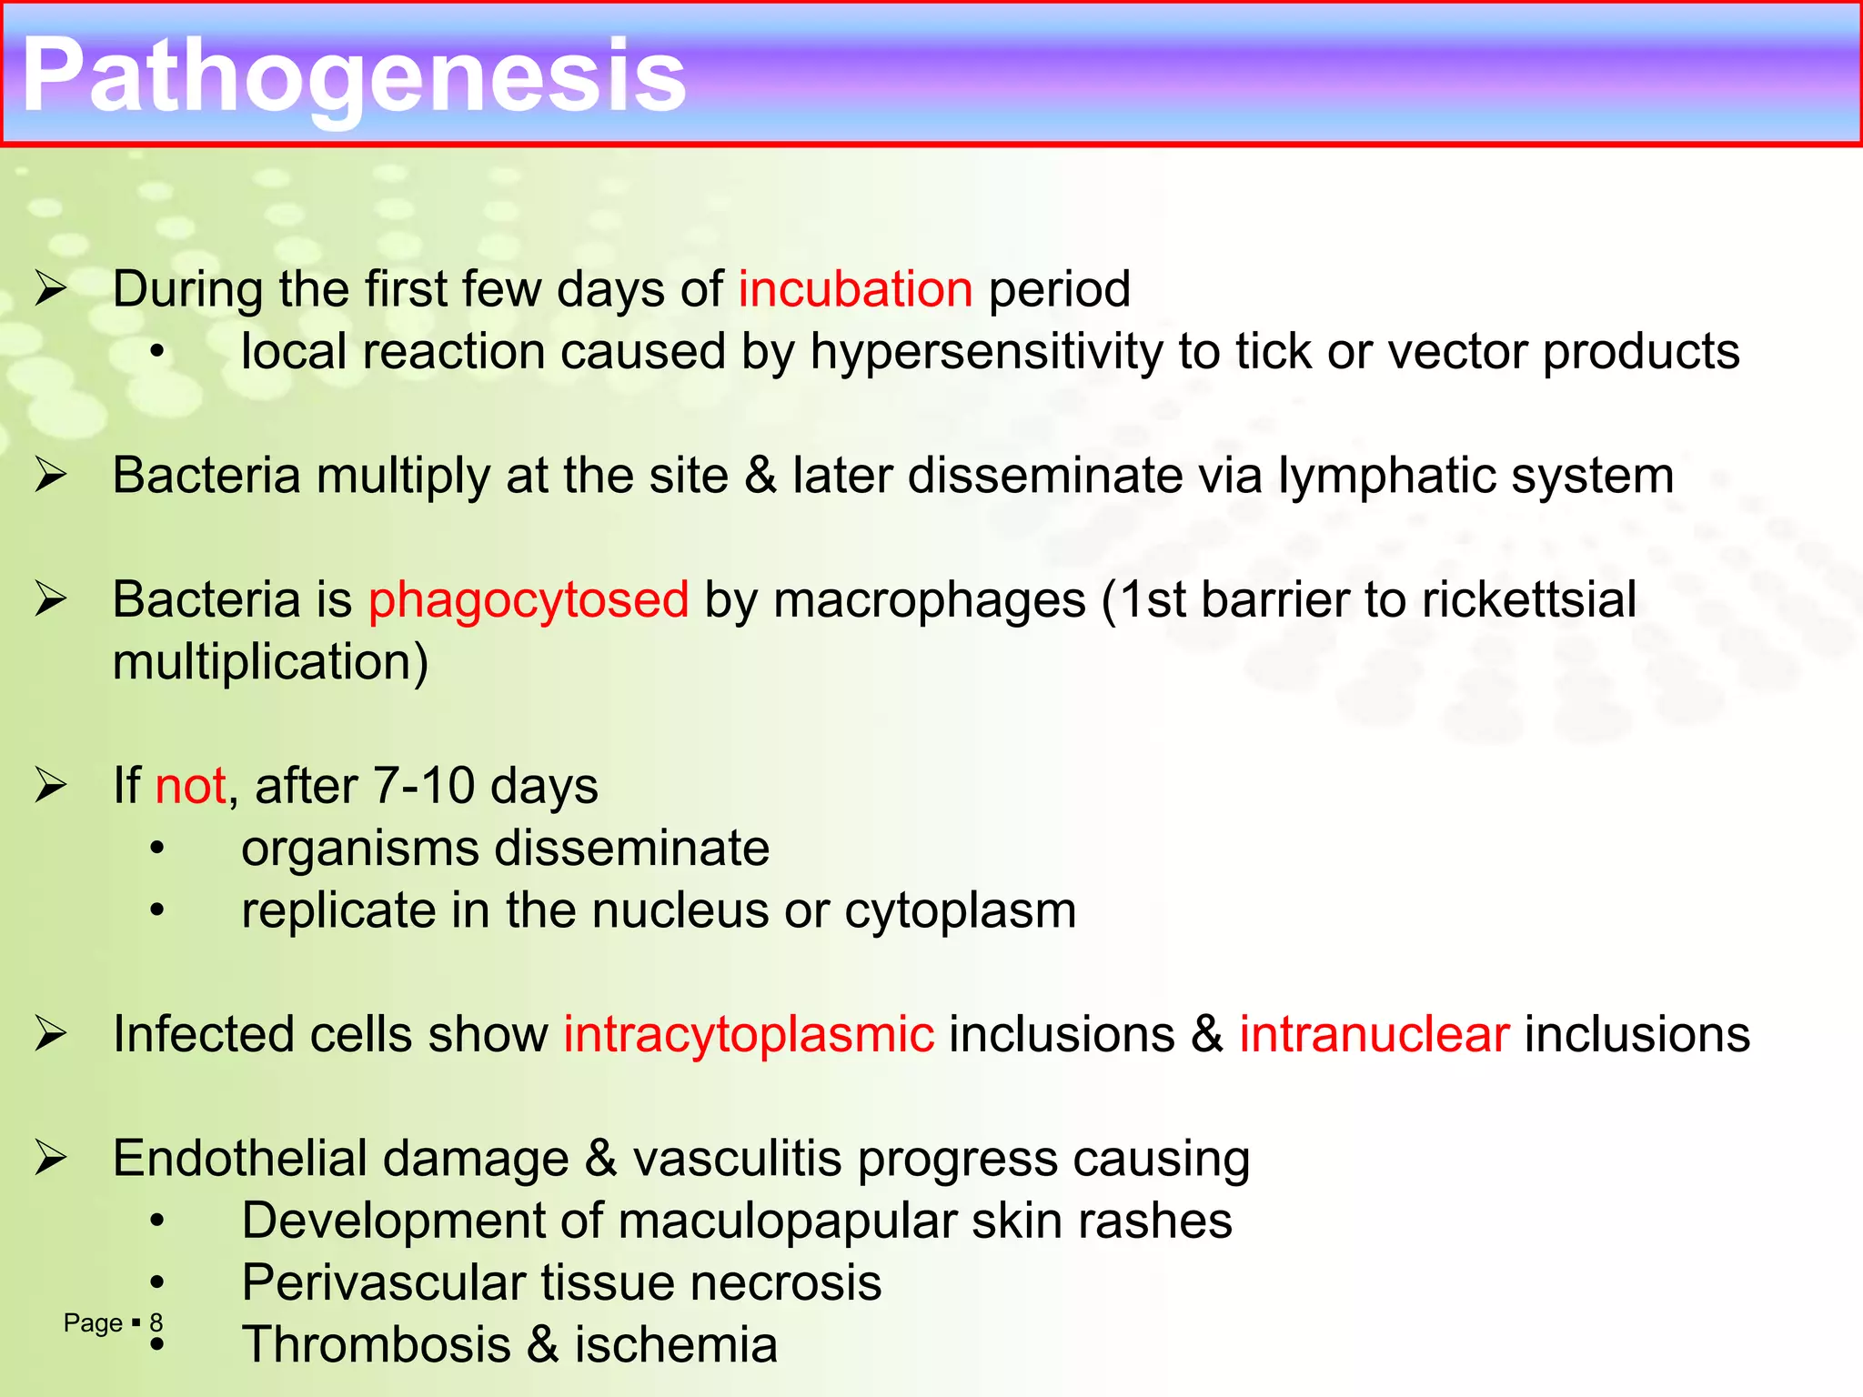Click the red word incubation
855,289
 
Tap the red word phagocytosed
528,600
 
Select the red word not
190,786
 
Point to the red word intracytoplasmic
748,1035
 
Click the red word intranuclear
1374,1035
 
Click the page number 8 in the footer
156,1322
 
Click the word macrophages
929,600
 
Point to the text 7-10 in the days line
424,786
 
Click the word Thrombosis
376,1345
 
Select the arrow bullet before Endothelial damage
51,1159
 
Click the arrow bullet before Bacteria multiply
51,476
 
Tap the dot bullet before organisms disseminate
158,849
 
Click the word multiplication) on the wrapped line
270,662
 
